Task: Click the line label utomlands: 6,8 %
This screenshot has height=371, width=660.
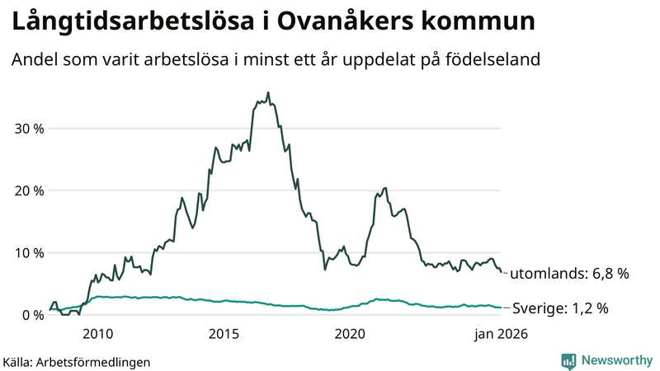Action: point(569,274)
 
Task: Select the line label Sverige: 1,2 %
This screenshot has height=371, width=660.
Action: point(560,308)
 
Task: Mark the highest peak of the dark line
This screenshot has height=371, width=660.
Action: point(268,92)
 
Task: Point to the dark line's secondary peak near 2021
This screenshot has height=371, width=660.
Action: point(385,189)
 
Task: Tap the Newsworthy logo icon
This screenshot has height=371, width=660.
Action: point(568,360)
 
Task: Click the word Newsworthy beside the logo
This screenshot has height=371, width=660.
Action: point(616,360)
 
